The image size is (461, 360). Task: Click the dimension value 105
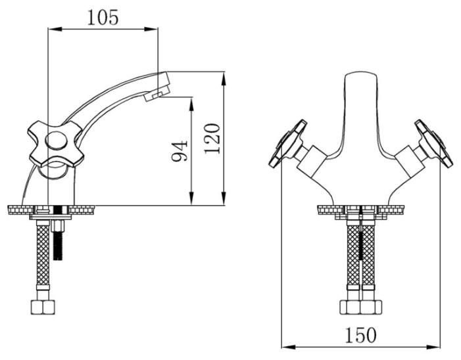coord(103,18)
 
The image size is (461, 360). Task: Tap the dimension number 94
coord(180,151)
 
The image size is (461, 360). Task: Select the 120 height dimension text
coord(212,139)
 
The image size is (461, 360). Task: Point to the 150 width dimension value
coord(360,335)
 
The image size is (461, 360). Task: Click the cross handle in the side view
coord(55,143)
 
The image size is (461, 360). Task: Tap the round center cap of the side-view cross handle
coord(57,141)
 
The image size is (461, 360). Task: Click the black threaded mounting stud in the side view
coord(58,246)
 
